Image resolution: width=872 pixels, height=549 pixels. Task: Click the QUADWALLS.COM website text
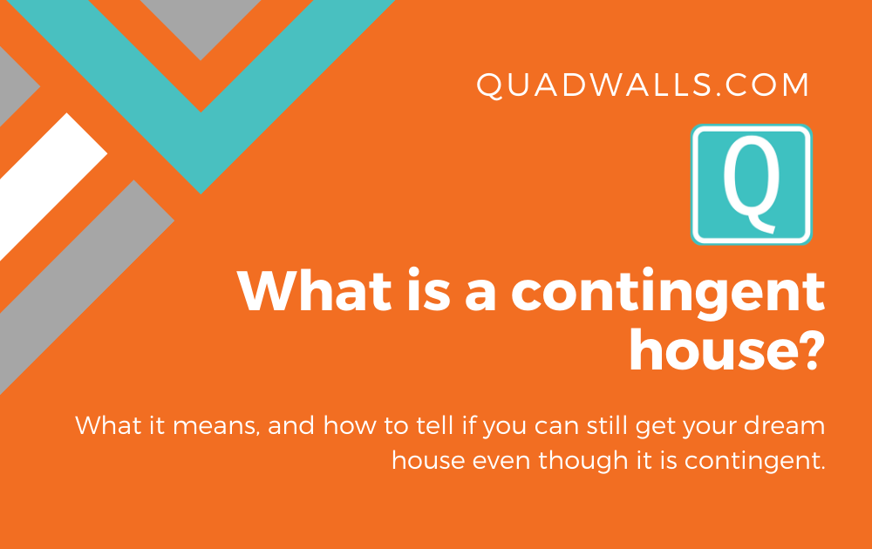coord(644,85)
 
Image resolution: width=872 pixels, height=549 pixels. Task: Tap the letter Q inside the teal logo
coord(751,185)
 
